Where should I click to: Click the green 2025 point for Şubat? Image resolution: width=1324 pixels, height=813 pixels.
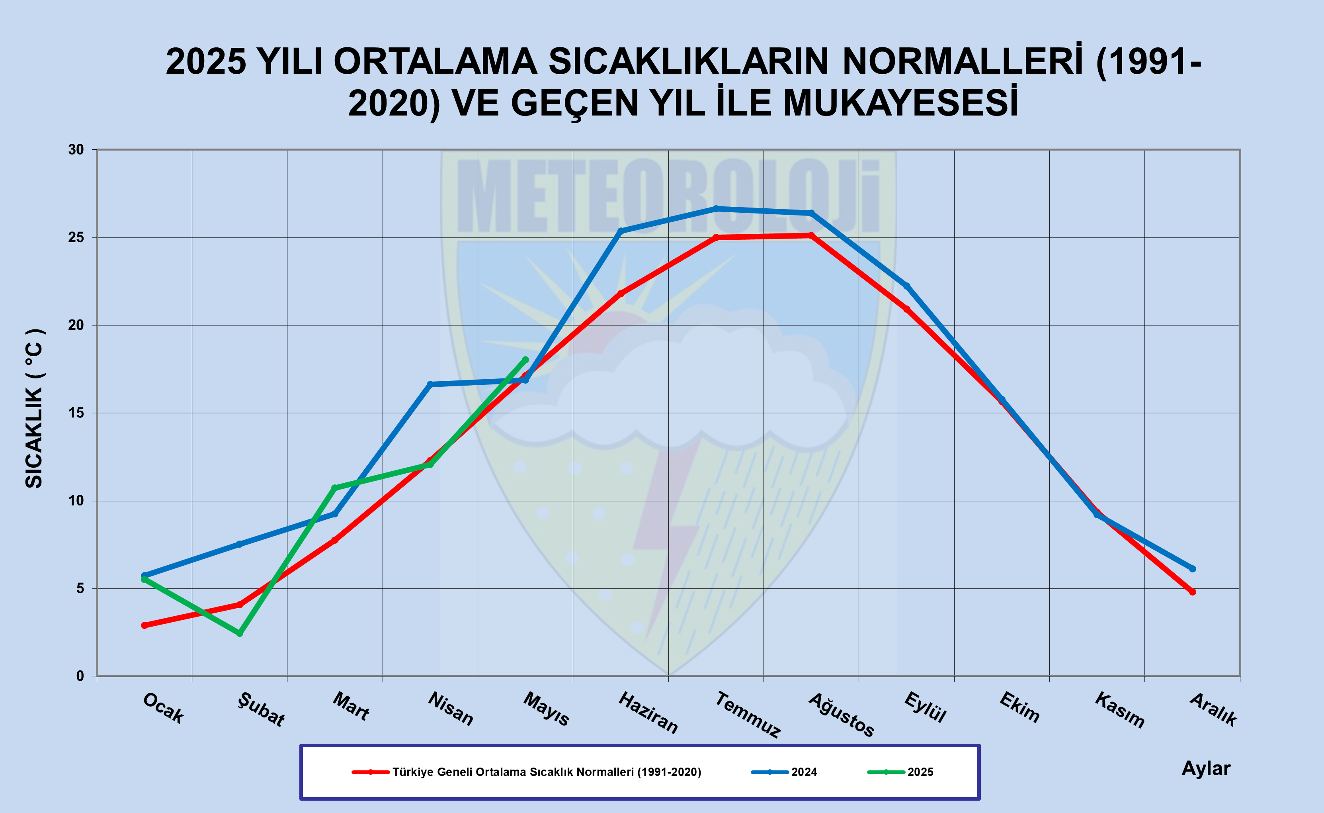[240, 633]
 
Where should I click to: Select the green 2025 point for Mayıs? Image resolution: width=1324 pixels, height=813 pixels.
[525, 360]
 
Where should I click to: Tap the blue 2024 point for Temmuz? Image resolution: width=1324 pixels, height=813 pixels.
[716, 209]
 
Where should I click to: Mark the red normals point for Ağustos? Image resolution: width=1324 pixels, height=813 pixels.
[811, 235]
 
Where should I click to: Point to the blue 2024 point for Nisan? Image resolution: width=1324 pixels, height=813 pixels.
[430, 384]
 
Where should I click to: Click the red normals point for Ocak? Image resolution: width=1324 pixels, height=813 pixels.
[144, 625]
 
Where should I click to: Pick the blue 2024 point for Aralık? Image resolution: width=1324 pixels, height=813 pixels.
[1192, 568]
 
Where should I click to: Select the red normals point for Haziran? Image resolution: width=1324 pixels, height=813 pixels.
[621, 294]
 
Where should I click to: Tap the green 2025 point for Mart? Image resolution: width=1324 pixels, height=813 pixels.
[334, 488]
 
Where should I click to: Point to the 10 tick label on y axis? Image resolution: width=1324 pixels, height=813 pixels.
[76, 501]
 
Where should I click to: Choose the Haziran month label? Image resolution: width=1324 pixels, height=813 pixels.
[648, 713]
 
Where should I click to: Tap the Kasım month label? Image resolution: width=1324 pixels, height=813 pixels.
[1119, 710]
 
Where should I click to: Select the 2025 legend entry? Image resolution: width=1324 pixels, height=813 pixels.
[920, 772]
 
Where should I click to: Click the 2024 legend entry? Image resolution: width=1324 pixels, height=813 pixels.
[803, 772]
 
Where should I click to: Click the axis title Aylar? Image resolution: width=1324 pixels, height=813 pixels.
[1206, 768]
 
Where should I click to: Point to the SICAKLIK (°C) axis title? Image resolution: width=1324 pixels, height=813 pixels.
[34, 409]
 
